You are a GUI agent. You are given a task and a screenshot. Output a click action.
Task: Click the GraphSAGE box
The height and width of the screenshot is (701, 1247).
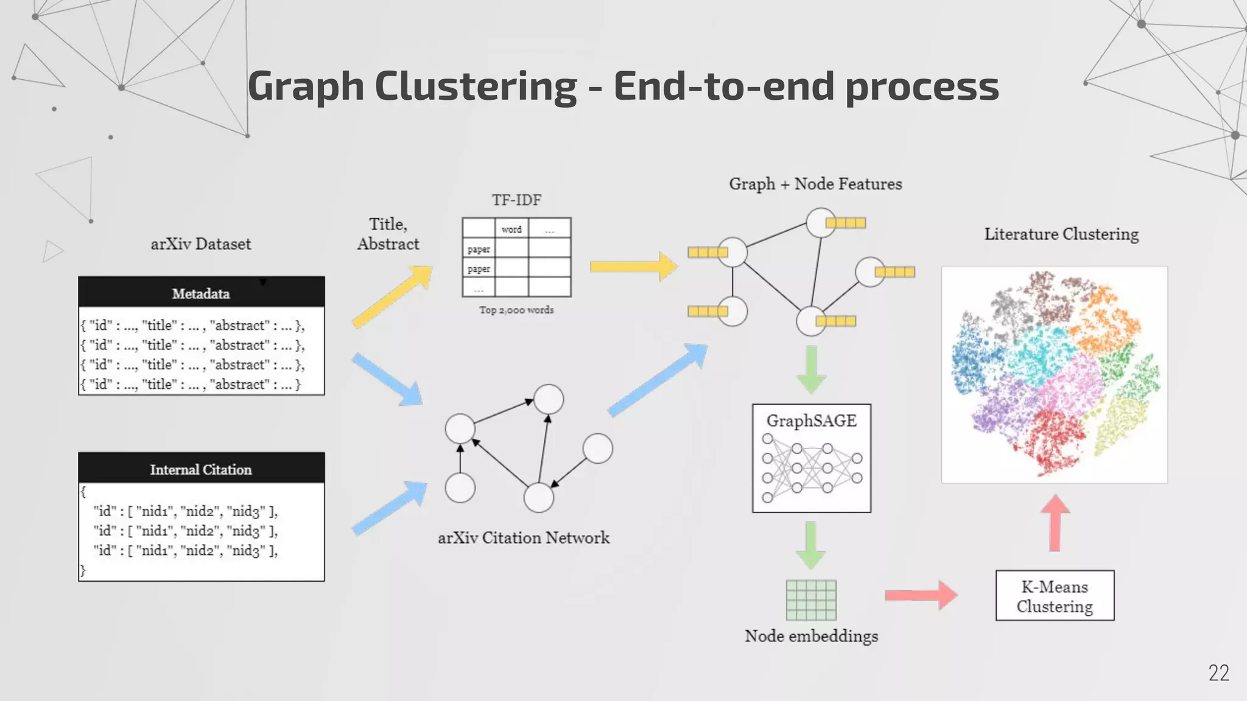pos(811,458)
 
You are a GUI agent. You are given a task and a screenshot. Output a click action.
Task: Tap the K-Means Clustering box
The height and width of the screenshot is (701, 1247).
pos(1055,596)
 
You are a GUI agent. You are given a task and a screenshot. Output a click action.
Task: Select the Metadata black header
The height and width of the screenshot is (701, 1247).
pos(201,293)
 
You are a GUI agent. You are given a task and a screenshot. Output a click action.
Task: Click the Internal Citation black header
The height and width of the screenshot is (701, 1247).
pos(201,469)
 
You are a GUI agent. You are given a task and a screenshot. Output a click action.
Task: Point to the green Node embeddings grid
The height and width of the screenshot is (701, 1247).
pos(811,600)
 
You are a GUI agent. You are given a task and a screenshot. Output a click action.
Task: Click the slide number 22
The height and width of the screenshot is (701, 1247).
pos(1218,672)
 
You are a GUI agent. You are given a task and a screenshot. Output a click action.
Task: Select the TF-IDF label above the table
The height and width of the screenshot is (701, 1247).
pos(516,200)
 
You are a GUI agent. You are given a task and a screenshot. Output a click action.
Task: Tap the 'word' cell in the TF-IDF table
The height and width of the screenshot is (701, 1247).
pos(511,229)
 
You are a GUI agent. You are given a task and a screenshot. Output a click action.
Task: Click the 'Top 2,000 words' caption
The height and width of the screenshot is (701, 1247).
pos(516,310)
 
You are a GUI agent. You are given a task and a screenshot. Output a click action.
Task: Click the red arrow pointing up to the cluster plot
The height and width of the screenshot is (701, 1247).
pos(1055,522)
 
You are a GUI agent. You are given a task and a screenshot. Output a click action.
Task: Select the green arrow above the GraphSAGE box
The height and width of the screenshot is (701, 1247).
pos(811,369)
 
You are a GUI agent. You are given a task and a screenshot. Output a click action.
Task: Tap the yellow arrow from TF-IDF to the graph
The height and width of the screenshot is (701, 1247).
pos(633,267)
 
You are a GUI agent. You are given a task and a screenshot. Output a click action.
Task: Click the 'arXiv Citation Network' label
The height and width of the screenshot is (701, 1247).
pos(524,538)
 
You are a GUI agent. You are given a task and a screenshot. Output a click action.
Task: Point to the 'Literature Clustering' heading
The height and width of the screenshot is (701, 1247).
pos(1061,234)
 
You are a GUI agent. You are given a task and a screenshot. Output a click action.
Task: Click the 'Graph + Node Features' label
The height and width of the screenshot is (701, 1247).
pos(815,184)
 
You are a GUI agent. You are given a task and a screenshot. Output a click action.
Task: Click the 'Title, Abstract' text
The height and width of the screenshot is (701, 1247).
pos(388,234)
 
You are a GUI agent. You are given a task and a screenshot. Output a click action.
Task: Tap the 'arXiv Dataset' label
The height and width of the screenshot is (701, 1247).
pos(201,244)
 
